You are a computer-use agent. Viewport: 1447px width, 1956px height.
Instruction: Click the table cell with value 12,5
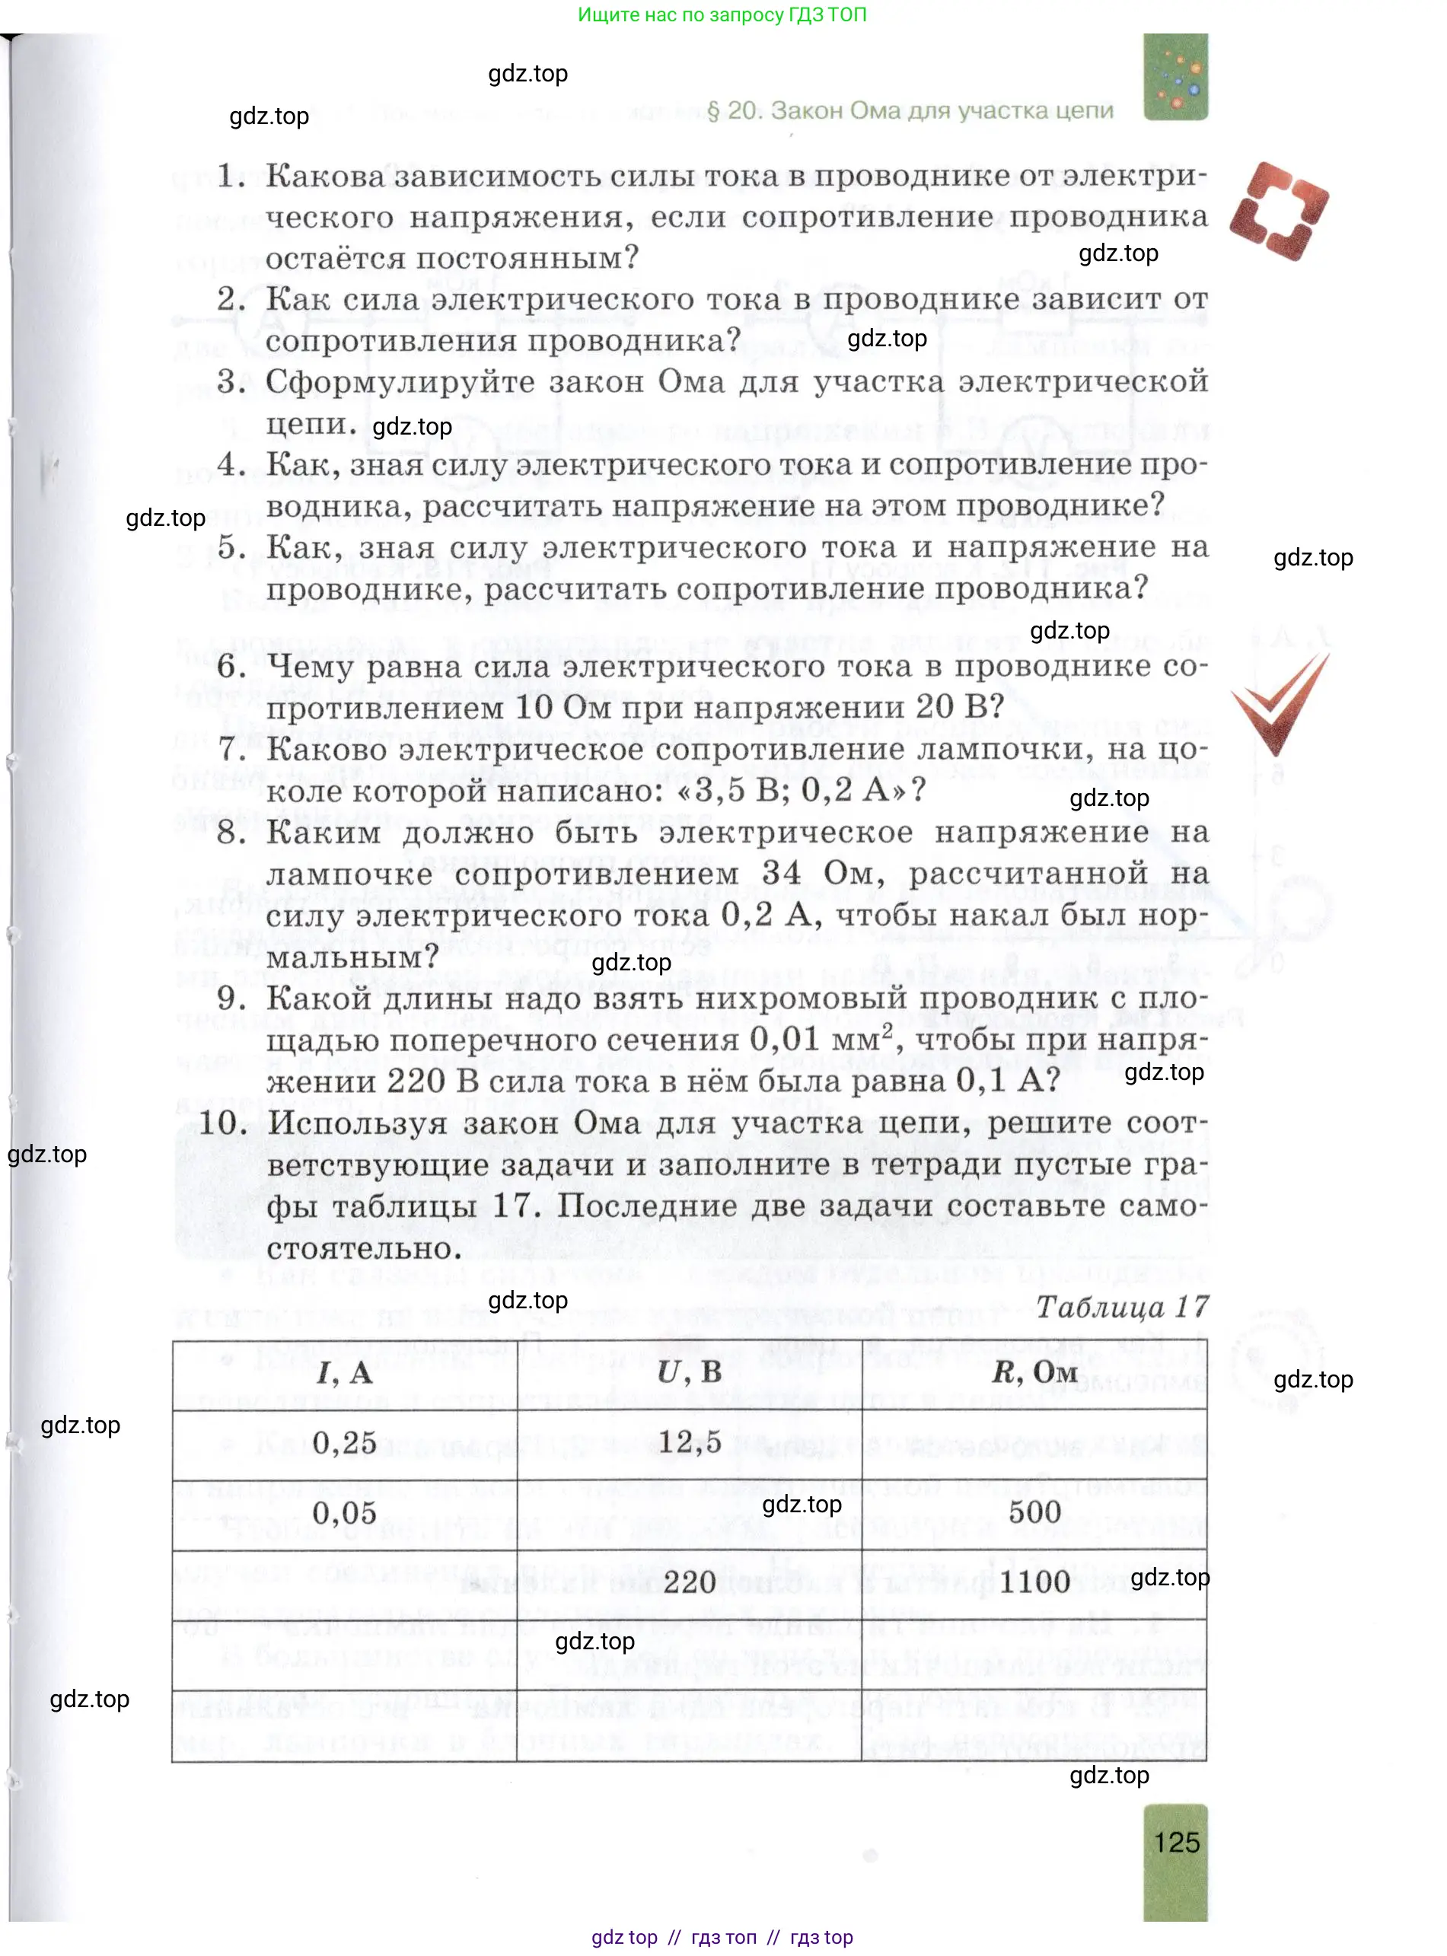coord(690,1442)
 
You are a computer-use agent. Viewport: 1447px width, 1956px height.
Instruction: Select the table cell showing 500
coord(1034,1512)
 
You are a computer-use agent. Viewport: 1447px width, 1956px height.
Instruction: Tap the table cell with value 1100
coord(1034,1582)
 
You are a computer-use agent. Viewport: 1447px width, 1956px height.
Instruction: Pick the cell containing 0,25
coord(344,1442)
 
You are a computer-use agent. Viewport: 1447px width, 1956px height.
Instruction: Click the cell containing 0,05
coord(344,1513)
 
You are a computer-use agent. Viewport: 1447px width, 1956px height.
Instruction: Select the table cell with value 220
coord(690,1582)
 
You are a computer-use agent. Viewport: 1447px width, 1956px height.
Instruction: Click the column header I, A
coord(344,1372)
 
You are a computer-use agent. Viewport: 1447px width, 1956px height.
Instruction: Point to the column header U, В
coord(690,1371)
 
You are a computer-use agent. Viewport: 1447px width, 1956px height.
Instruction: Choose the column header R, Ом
coord(1034,1371)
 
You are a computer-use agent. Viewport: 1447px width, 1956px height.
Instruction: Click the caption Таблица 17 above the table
coord(1121,1308)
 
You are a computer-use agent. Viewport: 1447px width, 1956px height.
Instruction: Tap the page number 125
coord(1175,1842)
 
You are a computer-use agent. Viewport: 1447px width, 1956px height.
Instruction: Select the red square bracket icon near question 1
coord(1278,211)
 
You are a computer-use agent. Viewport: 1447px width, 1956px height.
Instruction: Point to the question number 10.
coord(223,1123)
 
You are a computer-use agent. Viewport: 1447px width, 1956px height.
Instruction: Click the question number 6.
coord(231,666)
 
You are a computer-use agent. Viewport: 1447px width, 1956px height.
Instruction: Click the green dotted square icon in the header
coord(1175,77)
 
